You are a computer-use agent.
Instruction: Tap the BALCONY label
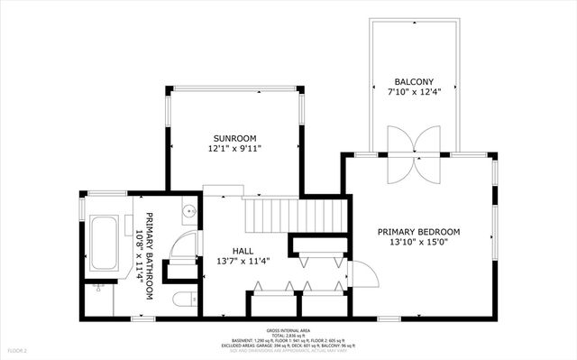pos(413,80)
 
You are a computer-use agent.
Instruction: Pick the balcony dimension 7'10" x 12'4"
pos(413,91)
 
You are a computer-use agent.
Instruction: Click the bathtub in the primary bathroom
pos(104,242)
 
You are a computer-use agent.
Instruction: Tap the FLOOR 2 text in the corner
pos(18,349)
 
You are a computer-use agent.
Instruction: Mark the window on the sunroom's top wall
pos(234,88)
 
